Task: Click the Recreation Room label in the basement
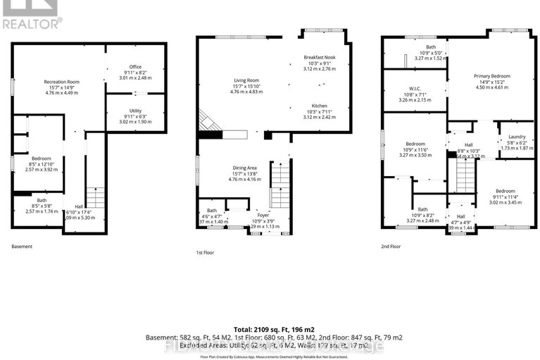(61, 82)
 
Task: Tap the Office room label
(135, 67)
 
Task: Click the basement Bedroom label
(41, 159)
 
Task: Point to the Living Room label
(246, 80)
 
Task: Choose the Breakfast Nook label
(319, 56)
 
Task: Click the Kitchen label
(319, 106)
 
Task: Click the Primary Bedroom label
(491, 75)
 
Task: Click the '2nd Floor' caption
(392, 246)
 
